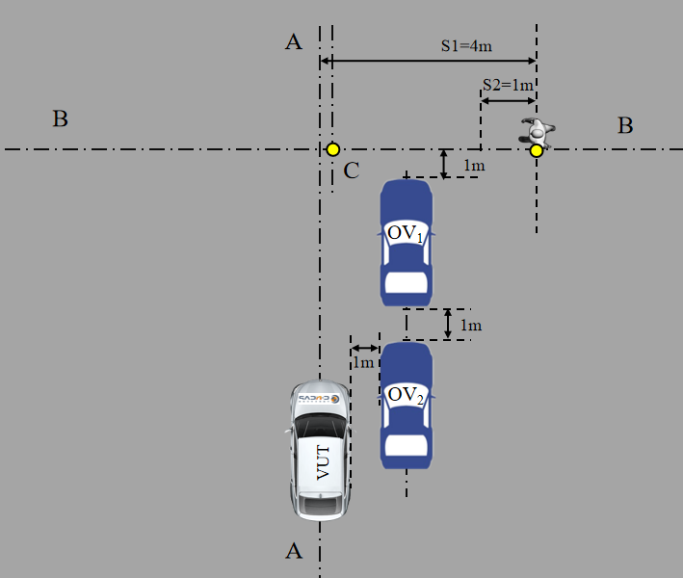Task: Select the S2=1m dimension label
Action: tap(509, 85)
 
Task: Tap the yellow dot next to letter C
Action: tap(332, 149)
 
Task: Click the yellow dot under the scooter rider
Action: tap(537, 149)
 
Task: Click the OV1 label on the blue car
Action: tap(406, 234)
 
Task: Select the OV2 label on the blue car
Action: tap(406, 395)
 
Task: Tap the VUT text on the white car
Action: tap(323, 463)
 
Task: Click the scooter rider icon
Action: tap(536, 130)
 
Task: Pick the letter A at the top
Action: tap(294, 41)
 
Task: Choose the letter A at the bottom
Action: tap(294, 550)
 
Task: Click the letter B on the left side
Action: tap(60, 119)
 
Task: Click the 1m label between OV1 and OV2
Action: tap(471, 326)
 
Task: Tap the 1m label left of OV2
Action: tap(362, 363)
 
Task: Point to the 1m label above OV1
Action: tap(473, 167)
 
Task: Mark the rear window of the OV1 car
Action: tap(406, 281)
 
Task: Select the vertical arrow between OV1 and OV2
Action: tap(448, 325)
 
